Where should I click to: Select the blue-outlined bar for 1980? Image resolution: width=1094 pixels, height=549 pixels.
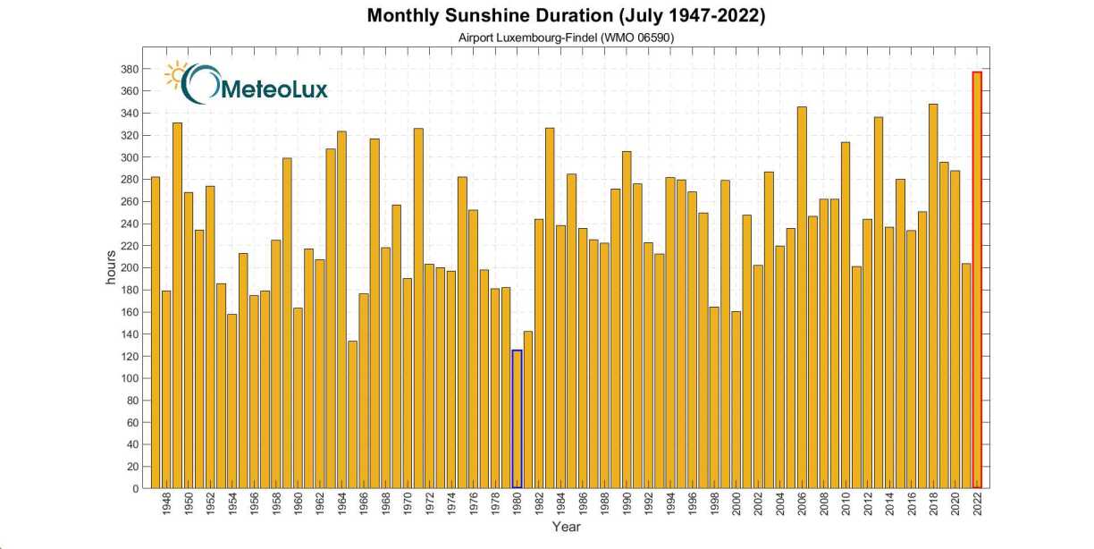click(517, 419)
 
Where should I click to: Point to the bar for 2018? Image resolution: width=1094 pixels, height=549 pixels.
click(933, 296)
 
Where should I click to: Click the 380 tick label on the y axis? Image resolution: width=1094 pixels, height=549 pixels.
click(128, 69)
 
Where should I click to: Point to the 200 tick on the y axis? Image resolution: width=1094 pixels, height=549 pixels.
click(128, 267)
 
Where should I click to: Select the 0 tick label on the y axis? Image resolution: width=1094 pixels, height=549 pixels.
click(135, 488)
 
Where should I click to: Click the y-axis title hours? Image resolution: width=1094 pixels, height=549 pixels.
click(112, 268)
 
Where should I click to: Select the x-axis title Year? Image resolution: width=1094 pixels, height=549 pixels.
click(566, 527)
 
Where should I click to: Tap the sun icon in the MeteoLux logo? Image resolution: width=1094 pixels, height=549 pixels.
click(175, 76)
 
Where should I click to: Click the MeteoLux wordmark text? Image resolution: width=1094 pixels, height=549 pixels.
click(273, 89)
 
